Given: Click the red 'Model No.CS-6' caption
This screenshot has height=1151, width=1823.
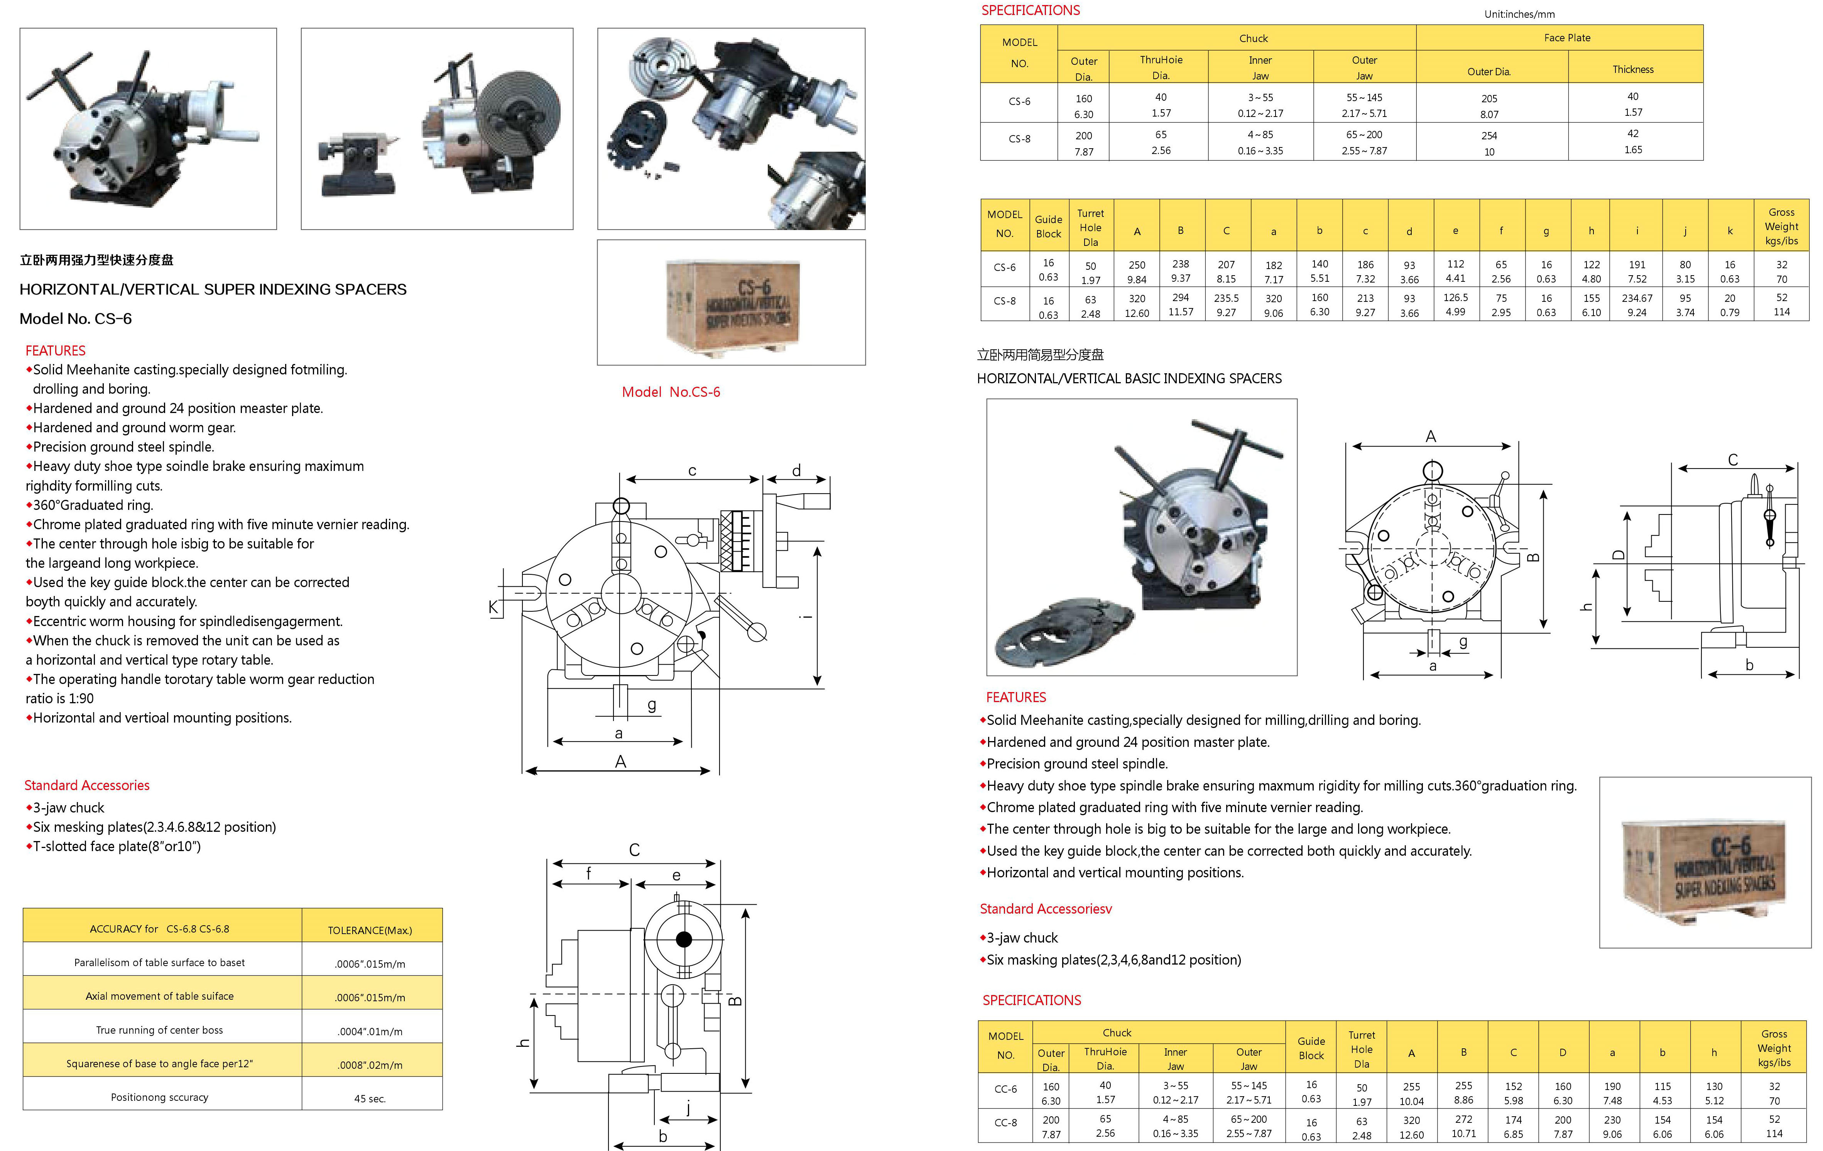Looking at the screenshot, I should [x=671, y=391].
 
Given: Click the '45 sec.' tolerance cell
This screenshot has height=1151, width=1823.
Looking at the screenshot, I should [x=370, y=1098].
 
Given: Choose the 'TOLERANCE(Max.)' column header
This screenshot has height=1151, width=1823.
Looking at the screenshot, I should [x=370, y=930].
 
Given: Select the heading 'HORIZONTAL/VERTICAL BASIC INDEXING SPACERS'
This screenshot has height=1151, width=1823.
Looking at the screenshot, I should [x=1129, y=379].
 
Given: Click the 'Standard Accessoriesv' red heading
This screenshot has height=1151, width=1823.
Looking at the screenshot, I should [x=1046, y=909].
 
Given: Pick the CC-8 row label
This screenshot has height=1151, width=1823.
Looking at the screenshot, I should [x=1005, y=1122].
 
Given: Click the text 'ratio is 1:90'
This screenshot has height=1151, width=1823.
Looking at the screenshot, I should [x=60, y=698].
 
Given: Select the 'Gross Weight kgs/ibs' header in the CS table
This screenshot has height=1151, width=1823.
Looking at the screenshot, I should [x=1781, y=227].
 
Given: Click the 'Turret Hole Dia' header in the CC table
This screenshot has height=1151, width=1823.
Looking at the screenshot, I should [x=1361, y=1049].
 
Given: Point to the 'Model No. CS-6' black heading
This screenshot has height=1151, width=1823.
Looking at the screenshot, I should [x=76, y=319].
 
